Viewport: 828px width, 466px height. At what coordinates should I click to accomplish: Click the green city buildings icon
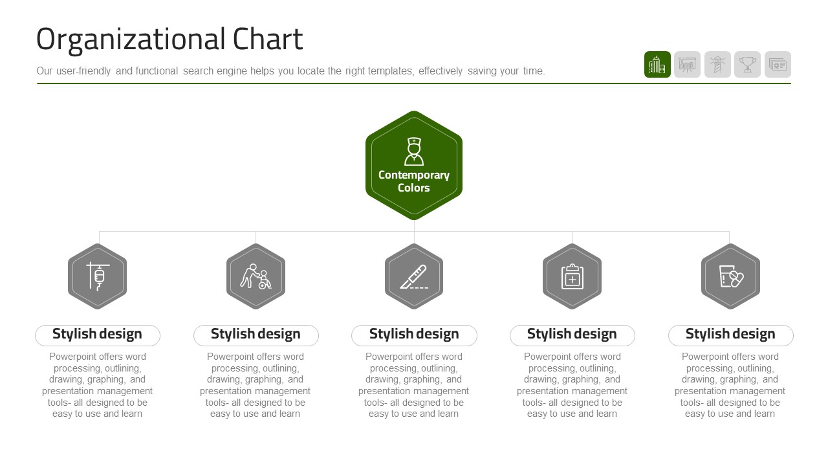pyautogui.click(x=657, y=64)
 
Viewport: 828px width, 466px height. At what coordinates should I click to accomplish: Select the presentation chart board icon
pyautogui.click(x=687, y=64)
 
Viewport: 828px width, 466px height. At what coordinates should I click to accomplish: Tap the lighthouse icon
pyautogui.click(x=717, y=64)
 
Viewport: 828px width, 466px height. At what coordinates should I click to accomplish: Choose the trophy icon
pyautogui.click(x=747, y=64)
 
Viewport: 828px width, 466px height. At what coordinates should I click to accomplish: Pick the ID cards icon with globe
pyautogui.click(x=778, y=64)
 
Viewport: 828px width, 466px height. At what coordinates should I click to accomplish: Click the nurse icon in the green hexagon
pyautogui.click(x=414, y=151)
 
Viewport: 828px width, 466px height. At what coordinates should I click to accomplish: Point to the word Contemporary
pyautogui.click(x=414, y=175)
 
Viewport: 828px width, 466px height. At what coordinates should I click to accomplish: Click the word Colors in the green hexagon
pyautogui.click(x=414, y=188)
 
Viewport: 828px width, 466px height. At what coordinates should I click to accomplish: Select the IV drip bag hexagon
pyautogui.click(x=97, y=276)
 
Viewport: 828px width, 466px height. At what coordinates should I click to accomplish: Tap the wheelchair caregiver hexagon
pyautogui.click(x=256, y=276)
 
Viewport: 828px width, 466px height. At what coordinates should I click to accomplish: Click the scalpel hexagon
pyautogui.click(x=414, y=276)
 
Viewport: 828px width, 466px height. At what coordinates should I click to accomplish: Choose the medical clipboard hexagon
pyautogui.click(x=572, y=276)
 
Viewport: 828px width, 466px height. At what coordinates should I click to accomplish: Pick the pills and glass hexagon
pyautogui.click(x=731, y=276)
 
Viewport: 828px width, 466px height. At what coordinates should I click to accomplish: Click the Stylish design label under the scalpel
pyautogui.click(x=414, y=335)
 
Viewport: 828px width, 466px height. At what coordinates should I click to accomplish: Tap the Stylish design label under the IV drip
pyautogui.click(x=97, y=335)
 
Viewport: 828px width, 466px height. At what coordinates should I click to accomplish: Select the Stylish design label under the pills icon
pyautogui.click(x=730, y=335)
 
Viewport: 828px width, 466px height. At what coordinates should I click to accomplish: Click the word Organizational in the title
pyautogui.click(x=131, y=40)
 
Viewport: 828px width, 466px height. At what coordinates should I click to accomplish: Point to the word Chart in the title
pyautogui.click(x=268, y=39)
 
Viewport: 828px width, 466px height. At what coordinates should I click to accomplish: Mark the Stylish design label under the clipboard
pyautogui.click(x=572, y=335)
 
